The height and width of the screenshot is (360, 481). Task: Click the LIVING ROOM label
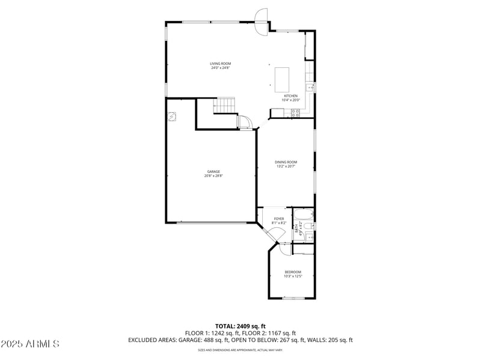(x=220, y=63)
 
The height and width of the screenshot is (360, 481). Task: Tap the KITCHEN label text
(x=290, y=96)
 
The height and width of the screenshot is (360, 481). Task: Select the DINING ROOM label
(x=286, y=162)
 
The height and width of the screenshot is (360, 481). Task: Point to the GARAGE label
(x=213, y=171)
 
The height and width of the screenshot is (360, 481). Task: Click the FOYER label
(x=279, y=219)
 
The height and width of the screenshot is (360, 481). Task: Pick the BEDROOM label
(x=293, y=272)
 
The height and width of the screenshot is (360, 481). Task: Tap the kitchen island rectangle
(x=282, y=79)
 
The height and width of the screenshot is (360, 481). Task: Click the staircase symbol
(x=225, y=105)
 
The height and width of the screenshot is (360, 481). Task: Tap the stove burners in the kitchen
(x=295, y=112)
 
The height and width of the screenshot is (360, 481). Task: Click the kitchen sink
(x=310, y=88)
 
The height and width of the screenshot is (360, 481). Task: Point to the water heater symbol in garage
(x=173, y=117)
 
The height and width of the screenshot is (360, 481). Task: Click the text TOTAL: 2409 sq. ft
(x=240, y=326)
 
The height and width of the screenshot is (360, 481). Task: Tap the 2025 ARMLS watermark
(x=30, y=344)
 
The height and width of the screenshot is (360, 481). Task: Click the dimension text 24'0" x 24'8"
(x=220, y=68)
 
